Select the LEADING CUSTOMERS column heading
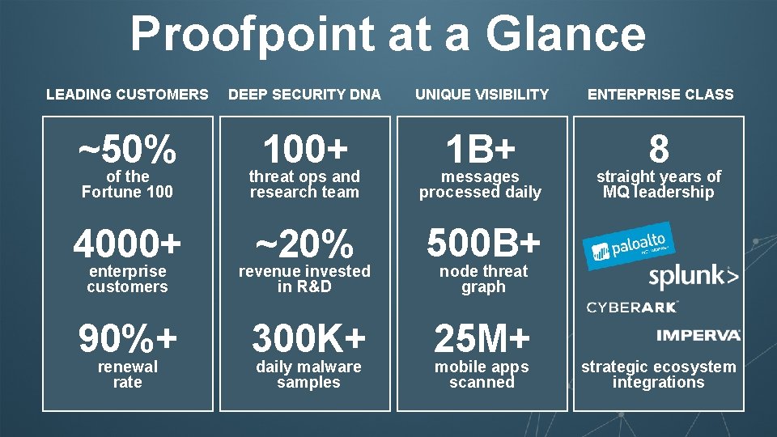click(127, 95)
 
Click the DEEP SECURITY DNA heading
click(304, 95)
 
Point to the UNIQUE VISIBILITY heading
click(482, 95)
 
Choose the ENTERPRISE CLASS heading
click(660, 95)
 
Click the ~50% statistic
click(127, 148)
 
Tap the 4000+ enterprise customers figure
click(127, 244)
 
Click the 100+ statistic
click(304, 148)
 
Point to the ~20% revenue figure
click(304, 244)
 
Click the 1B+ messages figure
click(481, 148)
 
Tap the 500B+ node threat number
click(483, 244)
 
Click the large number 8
click(659, 149)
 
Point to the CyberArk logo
click(632, 307)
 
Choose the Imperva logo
click(698, 334)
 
